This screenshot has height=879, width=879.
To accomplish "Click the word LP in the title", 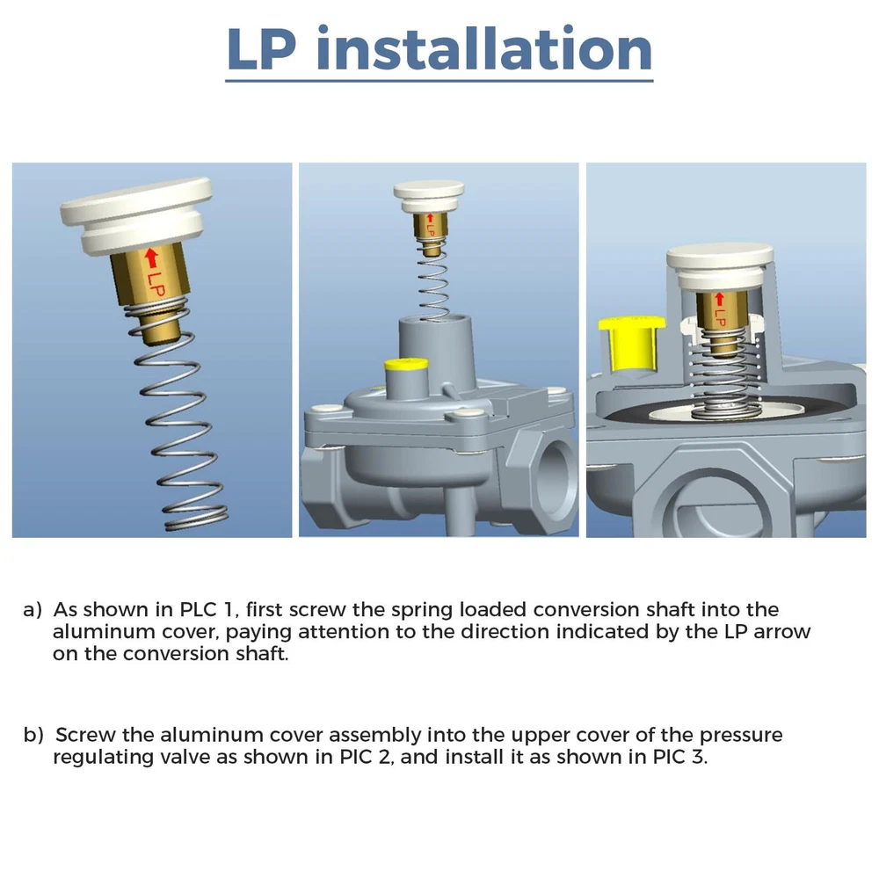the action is click(261, 49).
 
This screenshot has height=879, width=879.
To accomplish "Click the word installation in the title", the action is click(484, 48).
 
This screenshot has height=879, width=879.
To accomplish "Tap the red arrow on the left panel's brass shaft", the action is click(151, 258).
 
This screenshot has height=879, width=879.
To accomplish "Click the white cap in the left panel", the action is click(137, 216).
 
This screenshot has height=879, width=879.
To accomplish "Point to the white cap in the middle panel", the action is click(429, 197).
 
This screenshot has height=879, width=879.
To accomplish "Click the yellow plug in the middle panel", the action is click(406, 366).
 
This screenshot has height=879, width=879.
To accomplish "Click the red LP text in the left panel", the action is click(156, 285).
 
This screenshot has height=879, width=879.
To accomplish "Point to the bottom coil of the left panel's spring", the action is click(196, 521).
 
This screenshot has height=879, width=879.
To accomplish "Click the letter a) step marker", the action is click(33, 610).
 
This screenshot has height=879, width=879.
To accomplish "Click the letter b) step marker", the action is click(33, 735).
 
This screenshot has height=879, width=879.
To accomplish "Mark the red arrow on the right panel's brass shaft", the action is click(719, 300).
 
